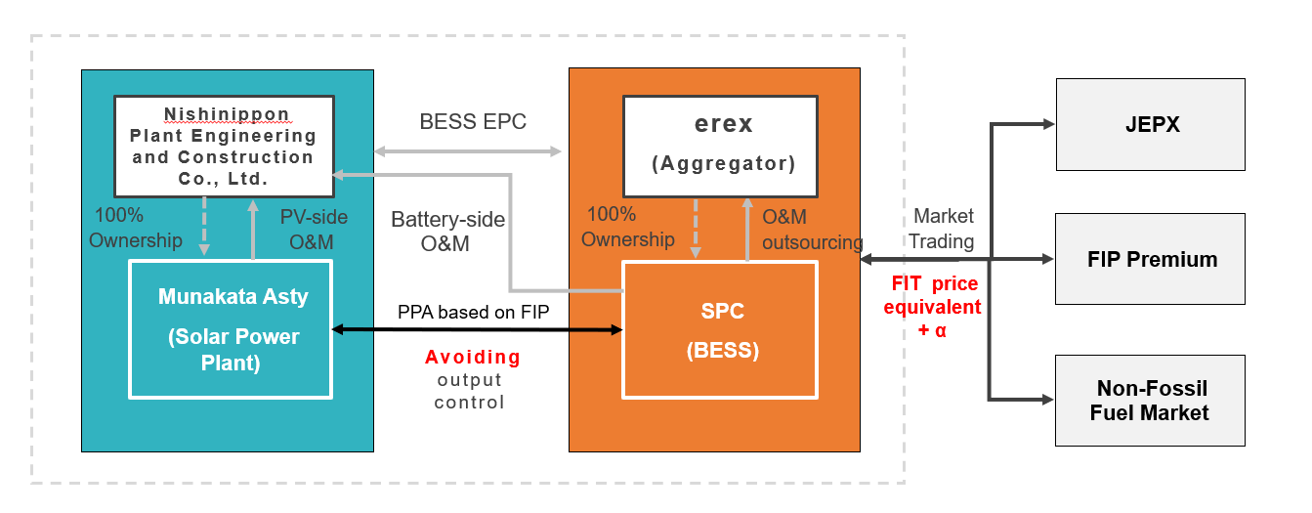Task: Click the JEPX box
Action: click(x=1150, y=125)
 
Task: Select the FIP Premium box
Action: click(x=1150, y=259)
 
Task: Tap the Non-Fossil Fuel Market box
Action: click(x=1150, y=401)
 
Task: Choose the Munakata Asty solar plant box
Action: click(x=233, y=328)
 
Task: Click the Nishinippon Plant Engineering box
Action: click(x=224, y=144)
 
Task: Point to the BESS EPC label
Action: click(x=473, y=122)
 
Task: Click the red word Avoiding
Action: click(x=473, y=358)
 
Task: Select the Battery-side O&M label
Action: click(x=447, y=232)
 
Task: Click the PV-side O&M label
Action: click(x=314, y=228)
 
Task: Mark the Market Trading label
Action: click(x=944, y=229)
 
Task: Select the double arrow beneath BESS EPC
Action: click(x=468, y=151)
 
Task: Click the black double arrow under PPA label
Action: click(x=477, y=330)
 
